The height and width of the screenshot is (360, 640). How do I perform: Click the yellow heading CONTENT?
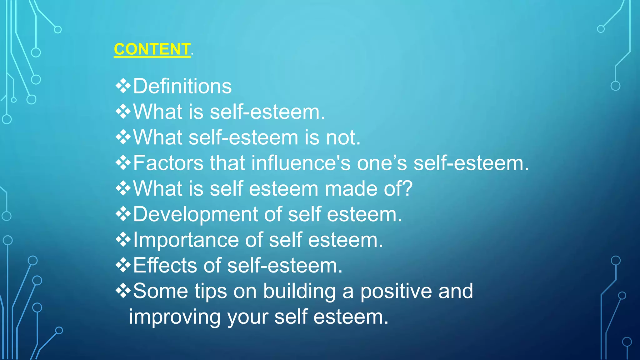pyautogui.click(x=152, y=49)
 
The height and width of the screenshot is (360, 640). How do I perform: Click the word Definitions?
pyautogui.click(x=182, y=86)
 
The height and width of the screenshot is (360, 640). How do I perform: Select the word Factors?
pyautogui.click(x=168, y=163)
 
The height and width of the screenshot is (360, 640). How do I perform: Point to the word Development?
pyautogui.click(x=195, y=215)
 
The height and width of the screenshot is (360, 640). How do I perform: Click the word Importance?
pyautogui.click(x=186, y=240)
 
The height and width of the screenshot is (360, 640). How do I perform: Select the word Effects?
pyautogui.click(x=165, y=266)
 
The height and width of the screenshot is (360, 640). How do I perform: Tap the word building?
pyautogui.click(x=299, y=291)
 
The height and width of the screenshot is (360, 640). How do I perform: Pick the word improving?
pyautogui.click(x=175, y=317)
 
